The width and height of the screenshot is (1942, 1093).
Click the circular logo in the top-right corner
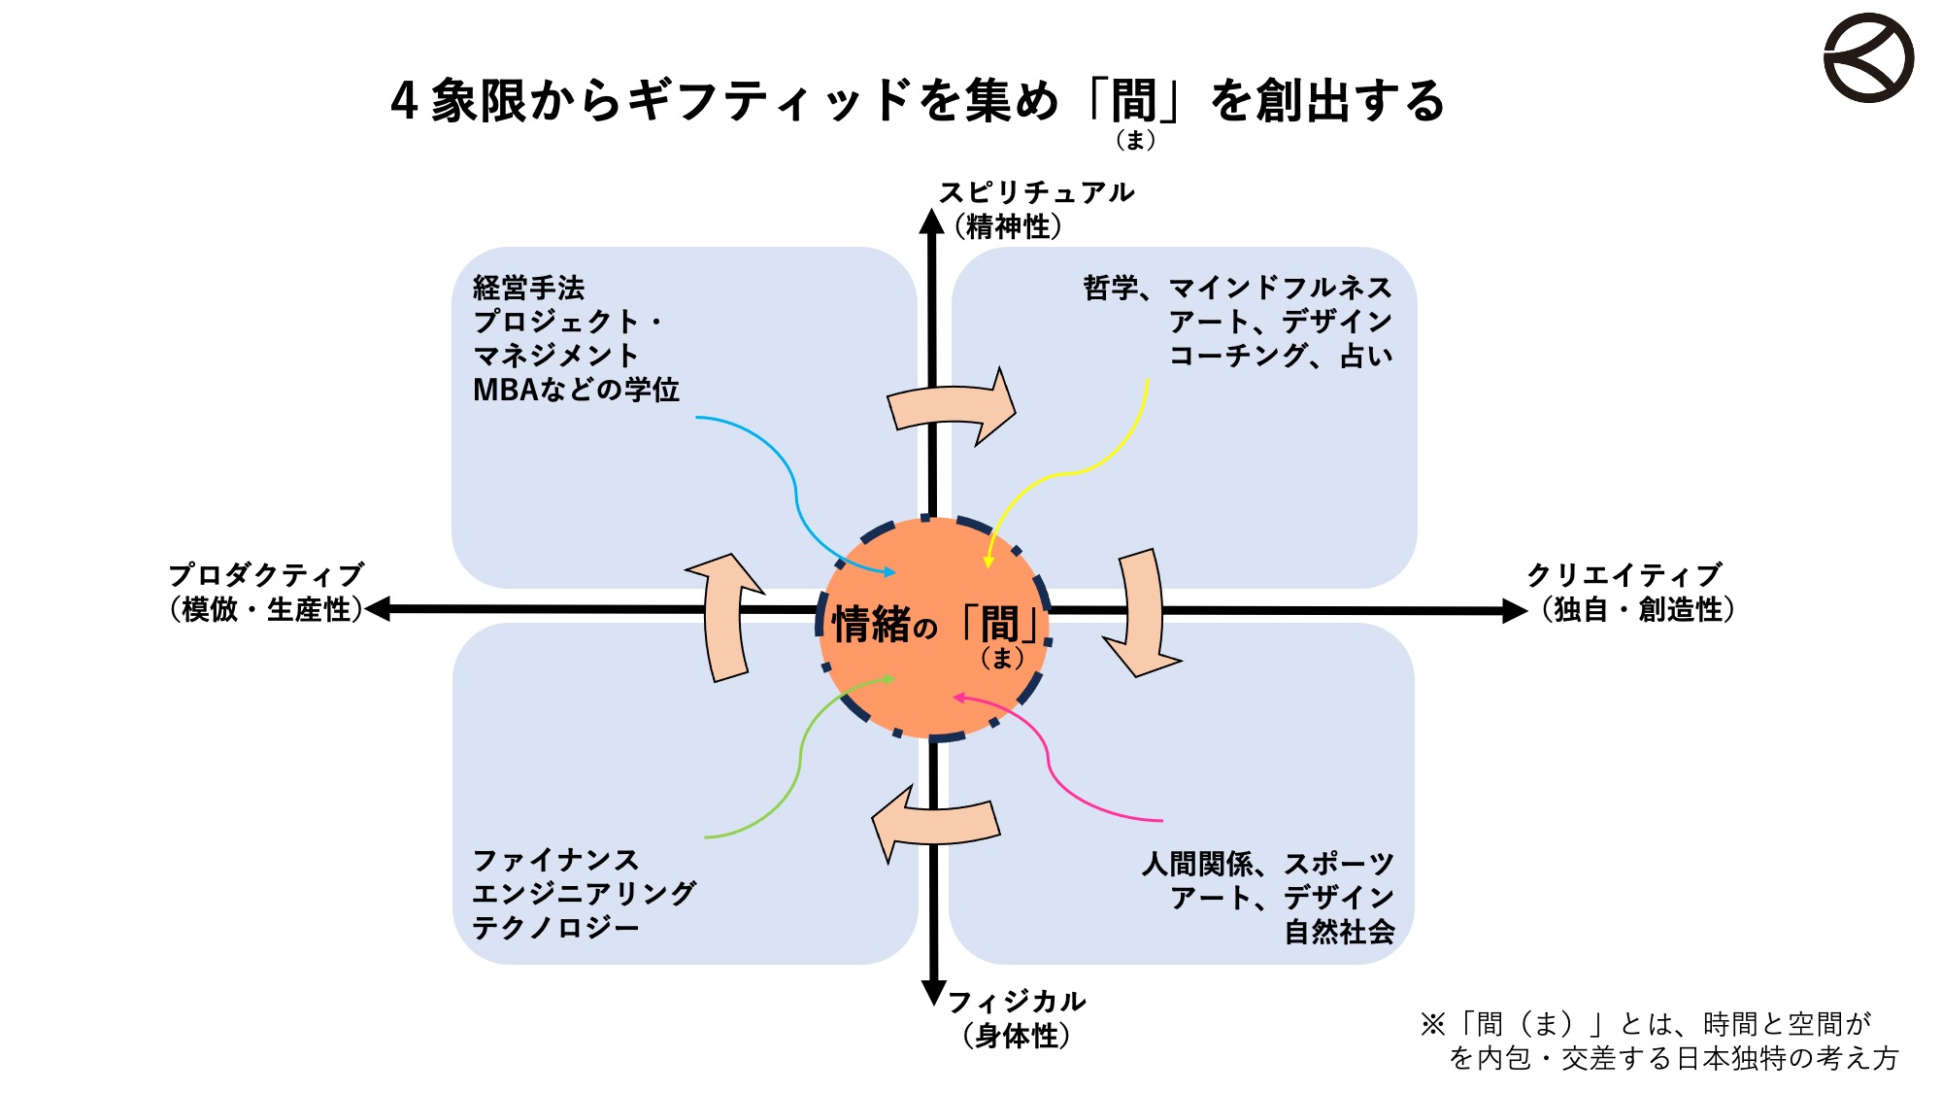tap(1868, 57)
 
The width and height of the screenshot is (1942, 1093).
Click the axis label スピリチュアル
tap(1036, 192)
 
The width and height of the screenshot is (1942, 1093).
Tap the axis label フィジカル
tap(1017, 1001)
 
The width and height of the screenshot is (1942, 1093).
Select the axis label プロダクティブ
tap(266, 574)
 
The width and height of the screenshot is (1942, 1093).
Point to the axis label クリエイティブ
tap(1624, 574)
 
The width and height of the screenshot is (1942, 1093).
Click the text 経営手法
tap(529, 288)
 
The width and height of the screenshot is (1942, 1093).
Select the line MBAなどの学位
tap(576, 390)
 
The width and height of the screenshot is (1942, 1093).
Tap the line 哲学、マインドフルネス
tap(1238, 288)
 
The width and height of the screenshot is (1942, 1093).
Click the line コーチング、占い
tap(1281, 356)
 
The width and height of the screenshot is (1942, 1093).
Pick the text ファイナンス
tap(555, 860)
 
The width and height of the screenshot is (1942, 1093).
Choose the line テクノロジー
tap(555, 928)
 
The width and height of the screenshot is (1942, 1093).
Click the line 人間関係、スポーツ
tap(1268, 864)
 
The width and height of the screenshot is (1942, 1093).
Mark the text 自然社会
tap(1339, 932)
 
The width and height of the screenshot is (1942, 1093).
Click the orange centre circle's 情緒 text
tap(872, 624)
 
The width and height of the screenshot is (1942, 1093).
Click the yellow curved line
tap(1068, 473)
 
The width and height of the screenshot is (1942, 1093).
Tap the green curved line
tap(800, 763)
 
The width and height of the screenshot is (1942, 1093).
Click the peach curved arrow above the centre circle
tap(952, 406)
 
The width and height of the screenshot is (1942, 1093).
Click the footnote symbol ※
tap(1433, 1024)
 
